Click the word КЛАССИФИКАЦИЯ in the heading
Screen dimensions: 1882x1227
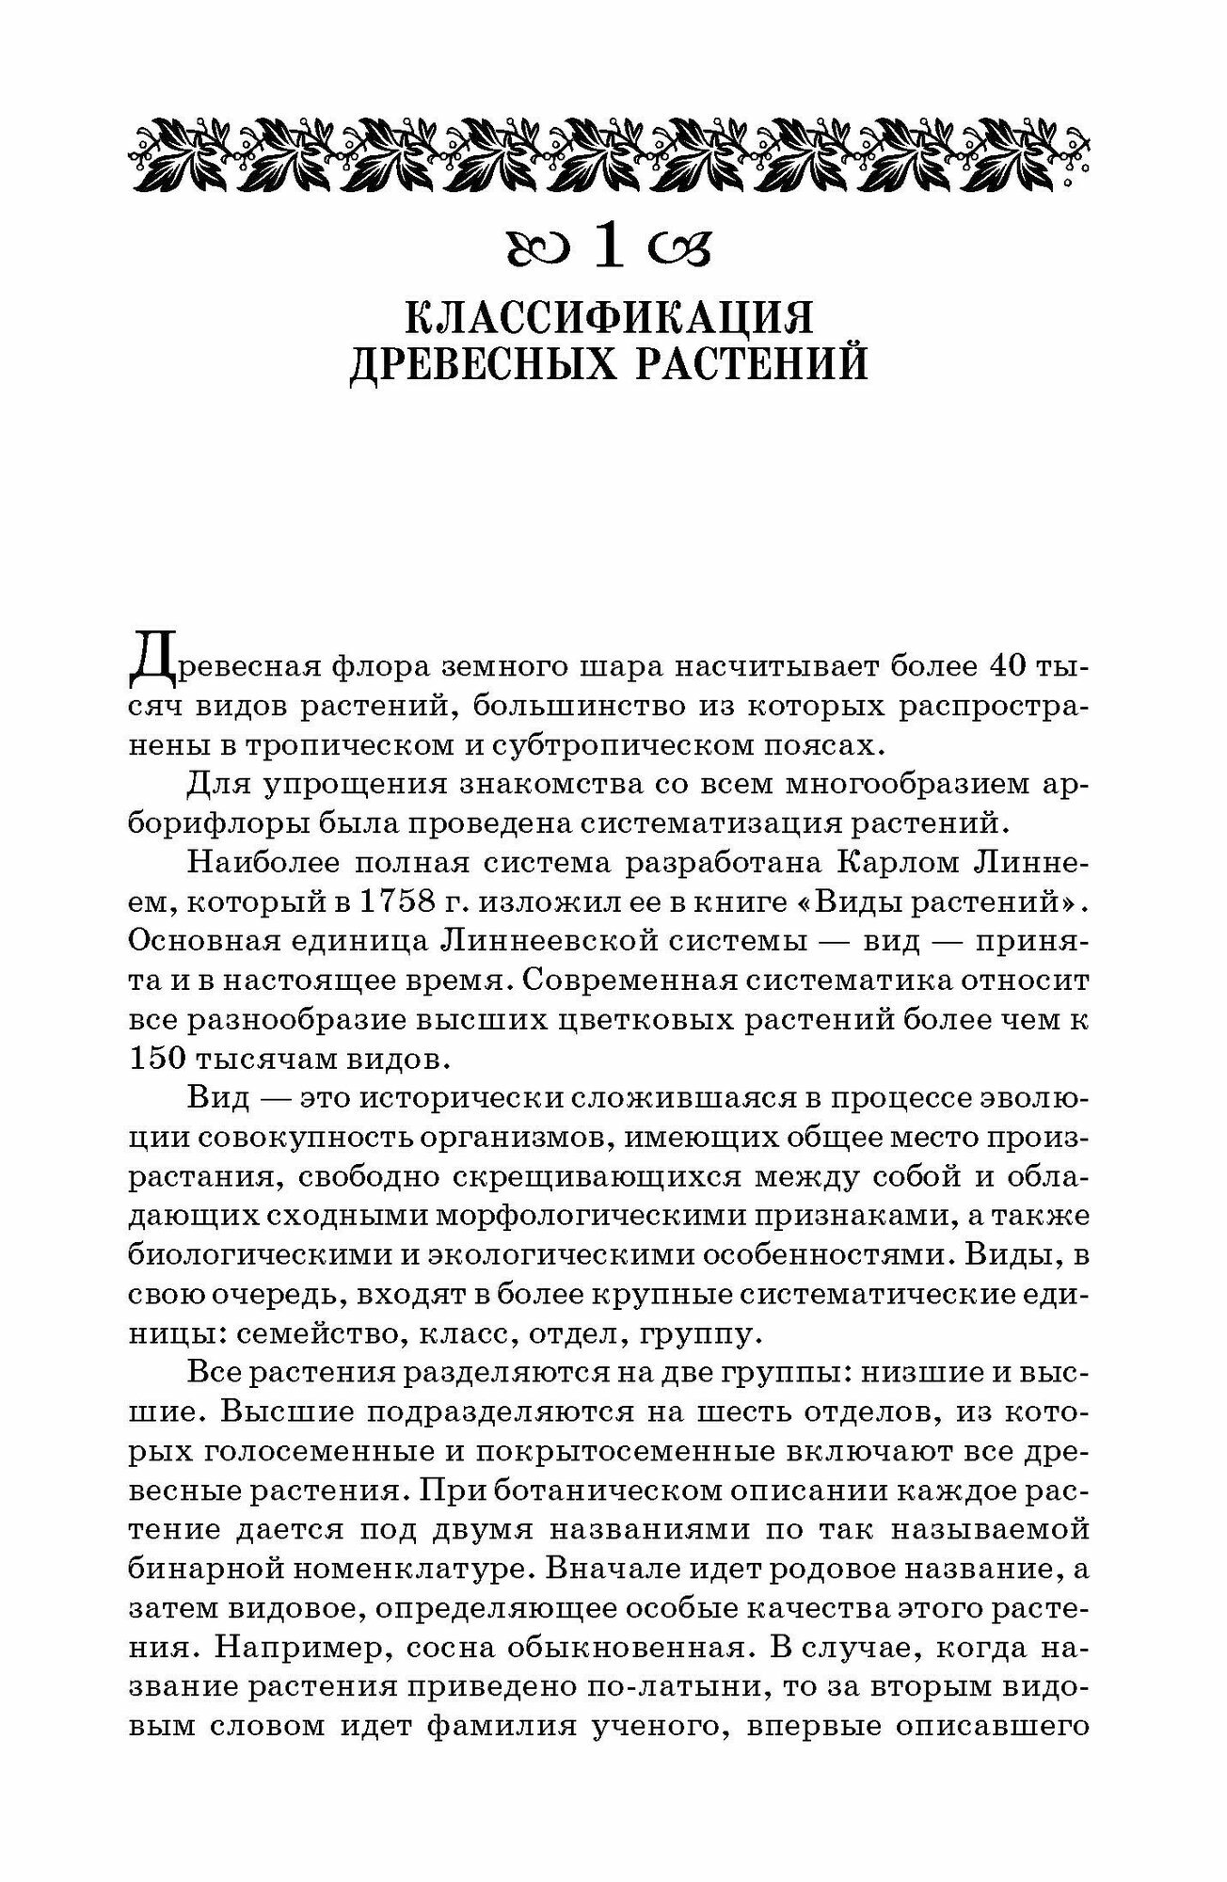[609, 318]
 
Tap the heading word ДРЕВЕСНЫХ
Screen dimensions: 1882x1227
[482, 366]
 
